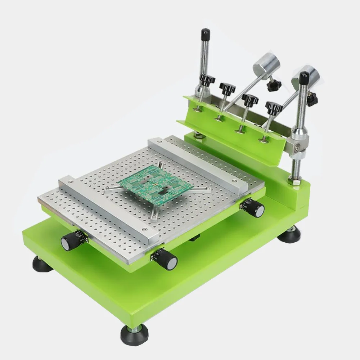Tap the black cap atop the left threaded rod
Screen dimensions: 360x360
206,34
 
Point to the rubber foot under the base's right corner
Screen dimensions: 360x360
289,235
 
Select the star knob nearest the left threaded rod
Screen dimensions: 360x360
208,80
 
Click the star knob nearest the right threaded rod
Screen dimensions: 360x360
274,107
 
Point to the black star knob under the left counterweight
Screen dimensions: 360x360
274,85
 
